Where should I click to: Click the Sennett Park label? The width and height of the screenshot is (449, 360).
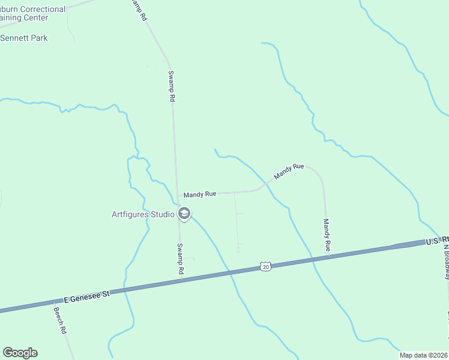pyautogui.click(x=24, y=38)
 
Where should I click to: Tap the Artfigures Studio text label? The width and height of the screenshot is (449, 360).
pyautogui.click(x=143, y=214)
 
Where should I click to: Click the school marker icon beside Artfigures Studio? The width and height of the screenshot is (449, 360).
pyautogui.click(x=184, y=214)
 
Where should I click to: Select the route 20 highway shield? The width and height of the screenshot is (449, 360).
pyautogui.click(x=265, y=266)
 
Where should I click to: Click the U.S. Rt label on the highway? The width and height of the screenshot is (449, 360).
pyautogui.click(x=436, y=241)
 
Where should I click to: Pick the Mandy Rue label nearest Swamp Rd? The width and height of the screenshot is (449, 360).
pyautogui.click(x=199, y=194)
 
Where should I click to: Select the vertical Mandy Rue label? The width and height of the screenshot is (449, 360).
pyautogui.click(x=327, y=235)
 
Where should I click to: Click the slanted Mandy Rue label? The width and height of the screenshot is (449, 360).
pyautogui.click(x=289, y=172)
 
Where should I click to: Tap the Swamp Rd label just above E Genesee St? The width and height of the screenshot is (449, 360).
pyautogui.click(x=180, y=259)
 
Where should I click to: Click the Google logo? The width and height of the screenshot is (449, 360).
pyautogui.click(x=20, y=353)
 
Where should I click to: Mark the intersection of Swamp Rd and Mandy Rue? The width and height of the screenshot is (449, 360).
pyautogui.click(x=178, y=195)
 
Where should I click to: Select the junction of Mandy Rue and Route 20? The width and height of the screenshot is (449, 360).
pyautogui.click(x=328, y=257)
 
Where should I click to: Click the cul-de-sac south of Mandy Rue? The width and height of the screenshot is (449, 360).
pyautogui.click(x=238, y=250)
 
